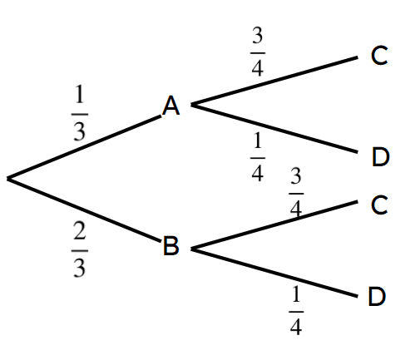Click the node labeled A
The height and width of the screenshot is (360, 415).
tap(171, 106)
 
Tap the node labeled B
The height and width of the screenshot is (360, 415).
tap(171, 245)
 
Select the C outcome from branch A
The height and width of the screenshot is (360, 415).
tap(379, 56)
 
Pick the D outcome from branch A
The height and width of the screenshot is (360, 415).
tap(381, 157)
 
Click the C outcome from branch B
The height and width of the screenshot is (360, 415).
tap(379, 205)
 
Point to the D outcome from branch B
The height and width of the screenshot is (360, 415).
tap(377, 297)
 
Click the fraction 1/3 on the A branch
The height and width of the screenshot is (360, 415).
tap(80, 113)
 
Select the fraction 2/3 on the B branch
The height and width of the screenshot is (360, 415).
tap(80, 249)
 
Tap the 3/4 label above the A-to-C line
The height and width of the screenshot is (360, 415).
tap(258, 52)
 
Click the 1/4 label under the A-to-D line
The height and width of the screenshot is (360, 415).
tap(258, 157)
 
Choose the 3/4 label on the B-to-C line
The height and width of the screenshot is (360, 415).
tap(296, 193)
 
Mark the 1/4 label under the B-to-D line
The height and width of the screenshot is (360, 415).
tap(296, 311)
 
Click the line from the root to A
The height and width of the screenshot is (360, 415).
tap(84, 147)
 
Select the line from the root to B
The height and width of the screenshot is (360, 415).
tap(84, 210)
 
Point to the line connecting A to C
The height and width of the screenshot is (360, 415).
tap(274, 81)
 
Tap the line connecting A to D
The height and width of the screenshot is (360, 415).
tap(274, 128)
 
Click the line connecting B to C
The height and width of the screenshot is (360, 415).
tap(274, 225)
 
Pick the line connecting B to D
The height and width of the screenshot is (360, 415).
tap(274, 273)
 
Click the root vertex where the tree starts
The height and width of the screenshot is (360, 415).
tap(8, 179)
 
